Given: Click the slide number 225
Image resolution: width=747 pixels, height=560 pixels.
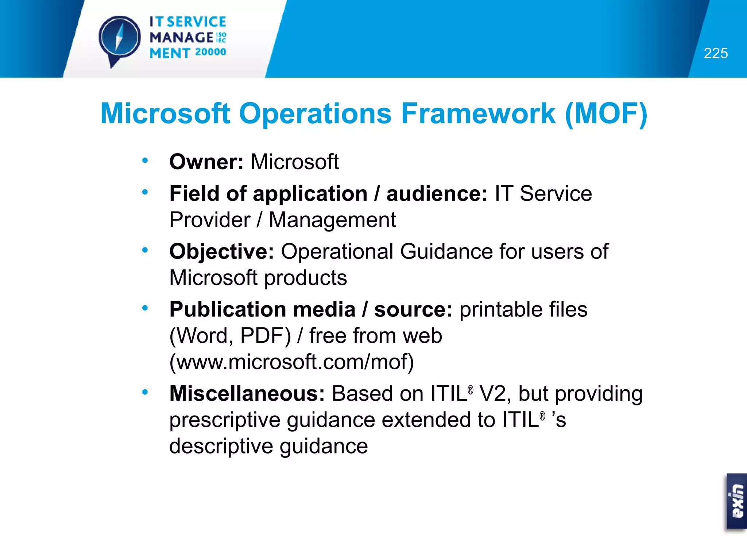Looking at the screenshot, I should click(716, 54).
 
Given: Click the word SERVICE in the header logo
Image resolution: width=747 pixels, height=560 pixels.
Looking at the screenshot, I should click(196, 22).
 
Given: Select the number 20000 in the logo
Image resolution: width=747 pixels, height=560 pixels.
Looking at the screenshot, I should click(210, 52).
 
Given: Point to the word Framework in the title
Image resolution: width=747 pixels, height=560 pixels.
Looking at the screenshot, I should click(478, 113).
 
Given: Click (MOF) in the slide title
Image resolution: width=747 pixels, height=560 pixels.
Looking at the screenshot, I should click(606, 113).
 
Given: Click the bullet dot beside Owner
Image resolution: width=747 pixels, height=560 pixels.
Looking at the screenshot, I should click(145, 160).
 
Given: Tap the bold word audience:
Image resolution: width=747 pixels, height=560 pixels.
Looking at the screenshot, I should click(437, 193).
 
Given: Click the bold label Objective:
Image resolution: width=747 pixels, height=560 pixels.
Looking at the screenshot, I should click(221, 251).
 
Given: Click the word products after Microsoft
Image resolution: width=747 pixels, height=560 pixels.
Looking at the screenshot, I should click(306, 278).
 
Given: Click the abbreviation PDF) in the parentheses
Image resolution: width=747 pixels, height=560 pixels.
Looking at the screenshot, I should click(266, 336).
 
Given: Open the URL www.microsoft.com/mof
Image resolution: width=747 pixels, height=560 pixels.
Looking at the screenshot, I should click(292, 362).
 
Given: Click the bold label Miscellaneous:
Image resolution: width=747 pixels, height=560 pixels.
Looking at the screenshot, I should click(247, 394).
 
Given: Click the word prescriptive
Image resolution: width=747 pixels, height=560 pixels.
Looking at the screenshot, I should click(225, 420).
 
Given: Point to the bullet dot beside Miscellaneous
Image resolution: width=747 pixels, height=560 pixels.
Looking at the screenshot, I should click(145, 392).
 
